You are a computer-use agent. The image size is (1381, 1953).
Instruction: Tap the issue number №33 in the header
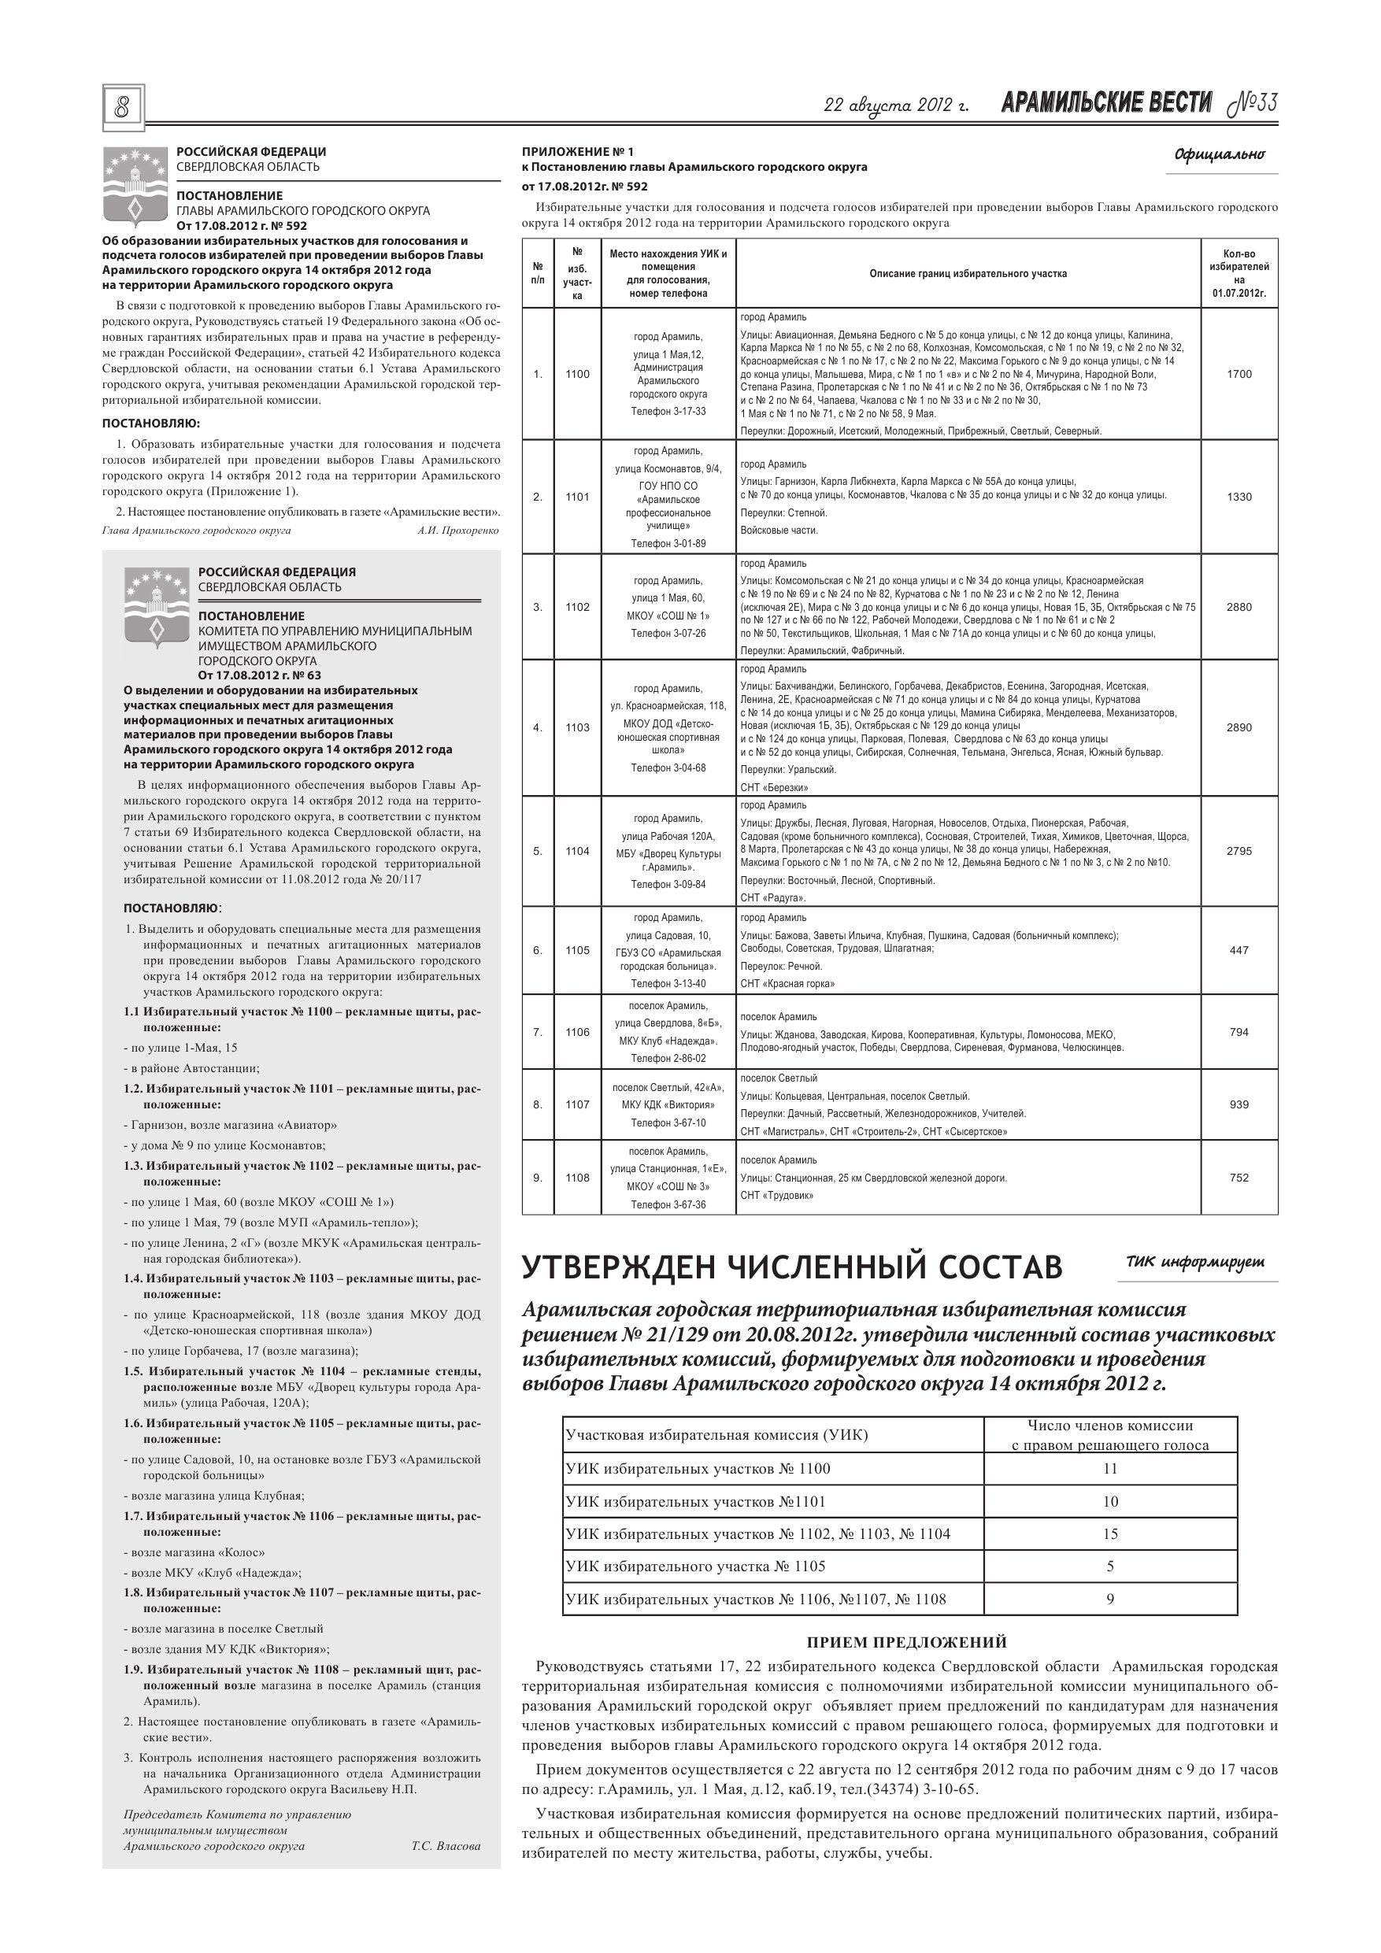point(1252,104)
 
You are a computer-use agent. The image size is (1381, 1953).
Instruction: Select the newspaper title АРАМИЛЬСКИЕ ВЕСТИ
point(1106,104)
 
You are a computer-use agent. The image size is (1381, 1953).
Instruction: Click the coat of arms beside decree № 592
point(134,183)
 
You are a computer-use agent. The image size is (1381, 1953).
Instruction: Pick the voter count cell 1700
point(1239,374)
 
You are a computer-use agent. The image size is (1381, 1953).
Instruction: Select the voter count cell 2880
point(1239,608)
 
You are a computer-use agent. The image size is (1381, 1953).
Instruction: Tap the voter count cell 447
point(1239,950)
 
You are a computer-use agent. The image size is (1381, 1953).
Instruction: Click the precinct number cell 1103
point(577,727)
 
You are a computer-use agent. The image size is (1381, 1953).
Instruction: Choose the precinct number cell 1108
point(577,1178)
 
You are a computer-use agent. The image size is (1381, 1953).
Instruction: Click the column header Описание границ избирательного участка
point(968,274)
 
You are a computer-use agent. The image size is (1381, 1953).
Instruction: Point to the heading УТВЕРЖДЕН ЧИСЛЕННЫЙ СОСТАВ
point(791,1267)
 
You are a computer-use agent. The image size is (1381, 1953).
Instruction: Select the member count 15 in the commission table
point(1109,1534)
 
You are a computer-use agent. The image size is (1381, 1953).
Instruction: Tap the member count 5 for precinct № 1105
point(1109,1566)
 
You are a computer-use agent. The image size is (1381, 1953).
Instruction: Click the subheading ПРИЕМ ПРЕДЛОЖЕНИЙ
point(906,1643)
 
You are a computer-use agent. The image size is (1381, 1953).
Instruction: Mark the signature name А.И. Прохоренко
point(457,531)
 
